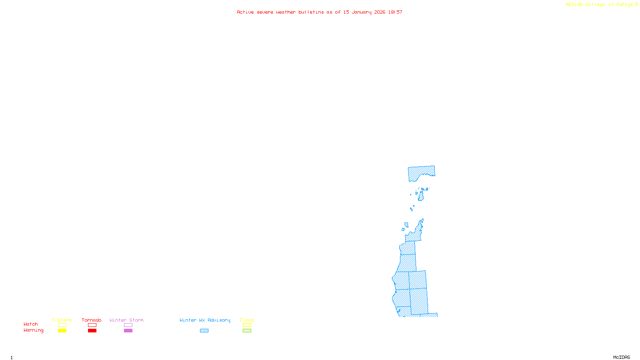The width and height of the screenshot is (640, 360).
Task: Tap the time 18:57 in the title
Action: click(x=395, y=12)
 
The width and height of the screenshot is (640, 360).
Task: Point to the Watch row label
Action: click(x=31, y=324)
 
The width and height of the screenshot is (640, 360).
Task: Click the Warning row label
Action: click(x=34, y=330)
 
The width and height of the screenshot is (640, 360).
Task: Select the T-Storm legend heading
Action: click(x=62, y=320)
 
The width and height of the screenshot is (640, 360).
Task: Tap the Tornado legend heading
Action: click(x=92, y=320)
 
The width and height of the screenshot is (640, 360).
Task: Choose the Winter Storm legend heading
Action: click(x=126, y=320)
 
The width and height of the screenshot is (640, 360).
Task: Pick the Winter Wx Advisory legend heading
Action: click(x=205, y=320)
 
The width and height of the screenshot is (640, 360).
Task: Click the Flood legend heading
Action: click(x=247, y=320)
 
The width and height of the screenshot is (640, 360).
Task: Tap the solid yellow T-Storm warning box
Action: click(x=62, y=331)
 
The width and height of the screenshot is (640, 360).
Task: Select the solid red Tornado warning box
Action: click(x=92, y=331)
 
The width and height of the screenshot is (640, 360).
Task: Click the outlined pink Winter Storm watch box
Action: click(x=128, y=325)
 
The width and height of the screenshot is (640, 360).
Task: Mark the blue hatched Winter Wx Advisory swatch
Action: click(x=204, y=331)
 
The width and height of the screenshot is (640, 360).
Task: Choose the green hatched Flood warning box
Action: click(x=247, y=331)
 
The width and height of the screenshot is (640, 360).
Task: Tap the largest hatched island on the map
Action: click(x=421, y=197)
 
